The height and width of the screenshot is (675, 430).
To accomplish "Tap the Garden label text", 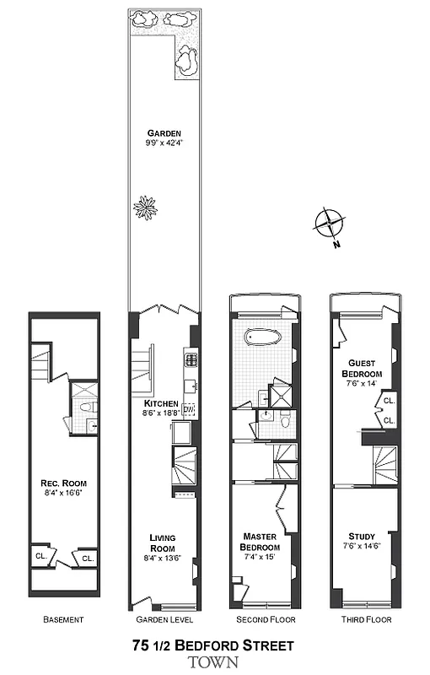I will coord(164,133).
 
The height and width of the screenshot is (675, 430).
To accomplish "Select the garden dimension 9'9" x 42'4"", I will coord(164,143).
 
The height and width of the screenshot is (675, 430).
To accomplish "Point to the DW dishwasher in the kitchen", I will coord(188,410).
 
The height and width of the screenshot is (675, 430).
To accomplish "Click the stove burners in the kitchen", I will coord(191,359).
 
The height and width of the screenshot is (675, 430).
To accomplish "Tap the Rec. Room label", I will coord(64,483).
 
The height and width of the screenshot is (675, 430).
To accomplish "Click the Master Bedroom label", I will coord(261,542).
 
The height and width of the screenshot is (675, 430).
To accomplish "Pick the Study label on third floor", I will coord(362,537).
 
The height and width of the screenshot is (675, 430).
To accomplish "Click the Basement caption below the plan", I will coord(63,620).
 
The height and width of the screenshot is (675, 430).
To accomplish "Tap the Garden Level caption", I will coord(164,620).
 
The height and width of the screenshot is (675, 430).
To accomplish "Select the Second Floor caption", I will coord(263,620).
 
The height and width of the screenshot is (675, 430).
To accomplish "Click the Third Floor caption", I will coord(363,620).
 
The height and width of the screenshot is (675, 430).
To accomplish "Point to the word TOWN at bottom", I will coord(213,662).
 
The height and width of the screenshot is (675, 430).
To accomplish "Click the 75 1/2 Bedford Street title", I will coord(213,646).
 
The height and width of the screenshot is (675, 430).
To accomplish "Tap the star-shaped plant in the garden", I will coord(147,206).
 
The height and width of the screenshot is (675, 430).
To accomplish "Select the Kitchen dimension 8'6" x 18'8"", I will coord(160,413).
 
